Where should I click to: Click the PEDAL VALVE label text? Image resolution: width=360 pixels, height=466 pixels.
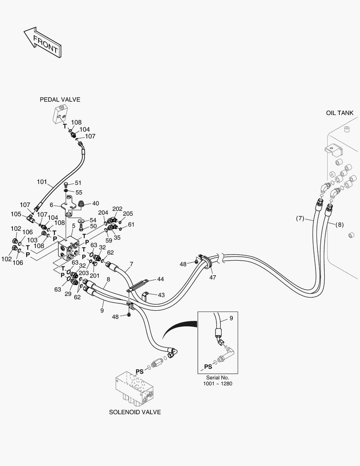pos(60,100)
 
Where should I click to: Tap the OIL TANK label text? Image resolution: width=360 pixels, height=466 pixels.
pos(339,113)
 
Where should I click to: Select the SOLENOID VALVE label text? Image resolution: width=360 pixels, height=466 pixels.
pos(135,412)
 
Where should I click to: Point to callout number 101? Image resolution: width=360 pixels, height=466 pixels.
pos(42,182)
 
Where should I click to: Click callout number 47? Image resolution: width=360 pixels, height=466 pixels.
pos(213,277)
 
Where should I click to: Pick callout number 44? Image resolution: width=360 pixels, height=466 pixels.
pos(160,280)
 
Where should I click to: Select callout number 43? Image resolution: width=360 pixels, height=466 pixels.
pos(160,295)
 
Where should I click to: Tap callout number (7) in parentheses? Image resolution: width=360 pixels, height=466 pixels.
pos(301,219)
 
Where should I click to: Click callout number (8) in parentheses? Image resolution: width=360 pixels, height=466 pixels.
pos(339,224)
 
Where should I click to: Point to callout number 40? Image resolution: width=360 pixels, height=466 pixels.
pos(95,203)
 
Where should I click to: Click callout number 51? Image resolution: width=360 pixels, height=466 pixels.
pos(78,183)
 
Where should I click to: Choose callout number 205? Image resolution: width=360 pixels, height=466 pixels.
pos(128,214)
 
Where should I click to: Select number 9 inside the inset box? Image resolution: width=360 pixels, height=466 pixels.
pos(231,318)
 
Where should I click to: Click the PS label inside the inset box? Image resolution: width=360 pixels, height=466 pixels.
pos(208,367)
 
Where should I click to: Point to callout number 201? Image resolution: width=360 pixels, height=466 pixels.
pos(94,275)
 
